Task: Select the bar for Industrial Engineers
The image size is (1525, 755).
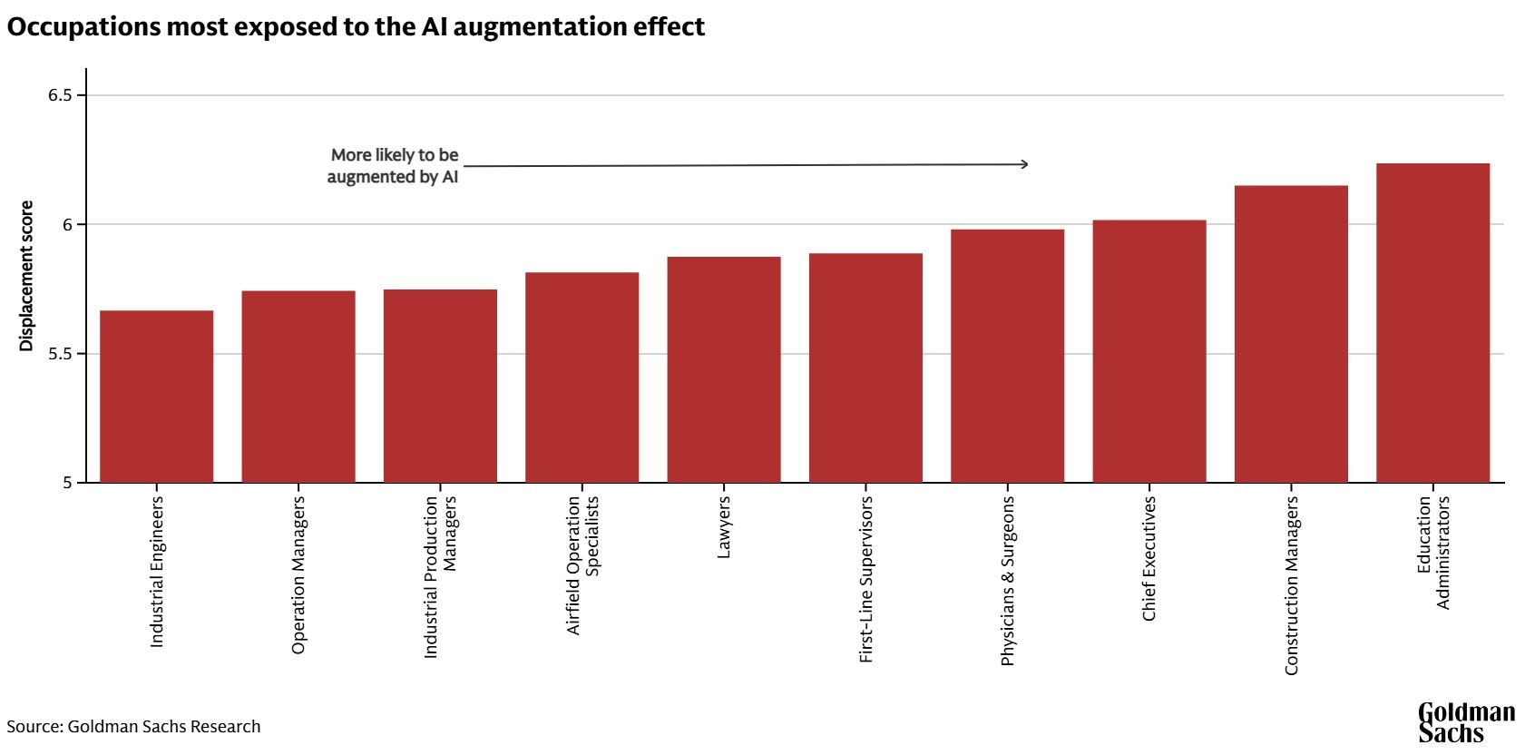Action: (x=156, y=397)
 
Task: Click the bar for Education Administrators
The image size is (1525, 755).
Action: (x=1432, y=323)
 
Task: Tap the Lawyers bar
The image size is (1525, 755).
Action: (x=723, y=369)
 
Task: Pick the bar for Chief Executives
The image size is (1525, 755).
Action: (x=1149, y=351)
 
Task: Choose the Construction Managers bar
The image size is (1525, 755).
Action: (x=1291, y=334)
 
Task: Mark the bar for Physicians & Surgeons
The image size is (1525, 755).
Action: (x=1007, y=356)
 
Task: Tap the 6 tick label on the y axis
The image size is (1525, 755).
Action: (x=67, y=224)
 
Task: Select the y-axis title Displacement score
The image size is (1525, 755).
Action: (x=26, y=276)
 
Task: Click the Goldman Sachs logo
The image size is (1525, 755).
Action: (x=1465, y=722)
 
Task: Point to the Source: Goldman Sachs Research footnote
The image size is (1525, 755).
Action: (x=133, y=727)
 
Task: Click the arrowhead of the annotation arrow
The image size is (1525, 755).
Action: (x=1024, y=164)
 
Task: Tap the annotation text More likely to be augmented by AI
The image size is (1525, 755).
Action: (x=394, y=166)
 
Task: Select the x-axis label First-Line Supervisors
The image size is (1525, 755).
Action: (x=865, y=579)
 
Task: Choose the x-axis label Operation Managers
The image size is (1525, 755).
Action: (x=298, y=574)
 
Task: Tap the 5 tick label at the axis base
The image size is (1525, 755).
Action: (x=67, y=483)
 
